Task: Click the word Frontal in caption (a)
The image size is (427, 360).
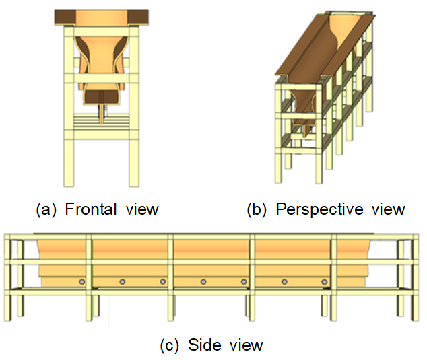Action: point(91,209)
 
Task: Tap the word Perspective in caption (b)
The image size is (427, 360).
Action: point(319,210)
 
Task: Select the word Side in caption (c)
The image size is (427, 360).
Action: point(204,345)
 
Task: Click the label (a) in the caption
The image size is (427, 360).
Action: point(46,210)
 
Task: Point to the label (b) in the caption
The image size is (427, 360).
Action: point(257,210)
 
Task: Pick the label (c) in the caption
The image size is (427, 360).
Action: point(170,345)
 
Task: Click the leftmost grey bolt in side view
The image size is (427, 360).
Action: point(81,282)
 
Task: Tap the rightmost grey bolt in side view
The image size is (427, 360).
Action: point(325,282)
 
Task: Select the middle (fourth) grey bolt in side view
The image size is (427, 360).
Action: point(203,282)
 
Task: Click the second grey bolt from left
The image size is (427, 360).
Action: point(123,282)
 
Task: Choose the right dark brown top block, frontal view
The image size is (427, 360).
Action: point(138,17)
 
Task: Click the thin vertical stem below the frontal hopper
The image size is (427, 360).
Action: point(101,114)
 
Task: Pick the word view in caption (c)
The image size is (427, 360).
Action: point(247,345)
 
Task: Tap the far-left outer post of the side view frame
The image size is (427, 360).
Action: point(7,277)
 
